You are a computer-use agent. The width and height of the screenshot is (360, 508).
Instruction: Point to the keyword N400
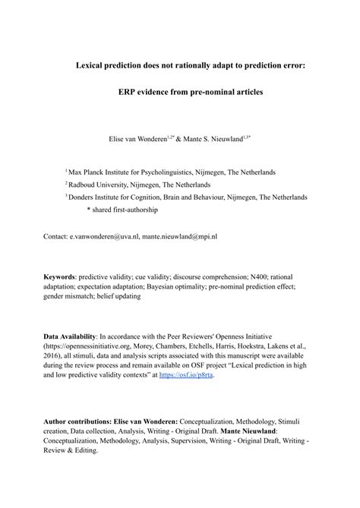click(x=251, y=277)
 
